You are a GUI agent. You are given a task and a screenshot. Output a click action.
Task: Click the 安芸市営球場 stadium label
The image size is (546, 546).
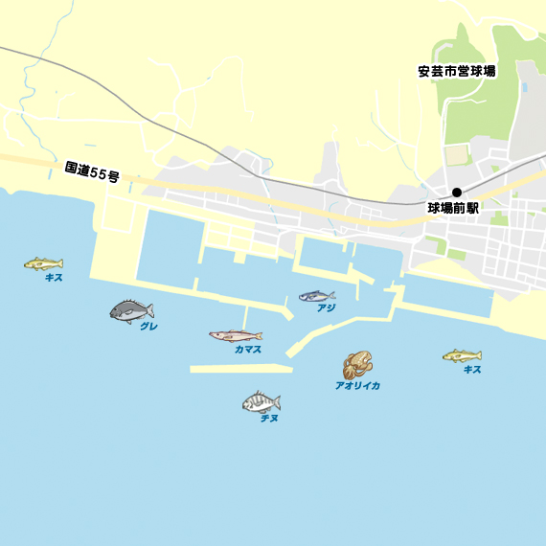point(456,72)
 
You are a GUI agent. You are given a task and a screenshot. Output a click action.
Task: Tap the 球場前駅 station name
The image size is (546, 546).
point(452,207)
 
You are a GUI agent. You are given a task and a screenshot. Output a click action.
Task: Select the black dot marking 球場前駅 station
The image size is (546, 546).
point(457,192)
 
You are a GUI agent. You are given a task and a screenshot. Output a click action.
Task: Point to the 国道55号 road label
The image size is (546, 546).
point(92,172)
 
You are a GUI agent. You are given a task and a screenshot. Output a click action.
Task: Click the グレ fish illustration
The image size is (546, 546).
point(132,311)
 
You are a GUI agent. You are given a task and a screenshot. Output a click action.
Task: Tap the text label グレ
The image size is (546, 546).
point(148,327)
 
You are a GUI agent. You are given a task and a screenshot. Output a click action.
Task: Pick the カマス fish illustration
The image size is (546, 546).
point(236,335)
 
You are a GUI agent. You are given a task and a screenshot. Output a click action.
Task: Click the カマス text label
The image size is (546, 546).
point(248,350)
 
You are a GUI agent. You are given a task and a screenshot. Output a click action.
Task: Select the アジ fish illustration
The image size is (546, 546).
point(316,296)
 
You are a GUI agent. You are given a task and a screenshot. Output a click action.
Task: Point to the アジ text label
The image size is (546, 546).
point(326,308)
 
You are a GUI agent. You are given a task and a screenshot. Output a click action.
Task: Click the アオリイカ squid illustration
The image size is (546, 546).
point(357,365)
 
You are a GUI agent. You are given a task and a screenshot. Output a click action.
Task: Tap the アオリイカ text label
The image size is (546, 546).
point(357,385)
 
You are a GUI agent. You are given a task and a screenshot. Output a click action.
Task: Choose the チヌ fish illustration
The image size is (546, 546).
point(261,402)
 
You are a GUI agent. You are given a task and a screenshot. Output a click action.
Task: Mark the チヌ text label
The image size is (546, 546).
point(269,419)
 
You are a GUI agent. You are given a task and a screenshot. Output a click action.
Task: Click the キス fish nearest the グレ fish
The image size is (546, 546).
point(43,263)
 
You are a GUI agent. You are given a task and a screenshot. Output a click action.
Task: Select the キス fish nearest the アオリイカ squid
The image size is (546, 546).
point(462,356)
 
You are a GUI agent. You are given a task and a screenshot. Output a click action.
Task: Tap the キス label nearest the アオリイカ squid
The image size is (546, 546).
point(471,370)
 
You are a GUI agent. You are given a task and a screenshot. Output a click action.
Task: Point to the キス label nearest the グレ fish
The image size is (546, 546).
point(54,277)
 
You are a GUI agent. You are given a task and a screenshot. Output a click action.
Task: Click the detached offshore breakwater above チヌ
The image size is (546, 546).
point(239,368)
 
